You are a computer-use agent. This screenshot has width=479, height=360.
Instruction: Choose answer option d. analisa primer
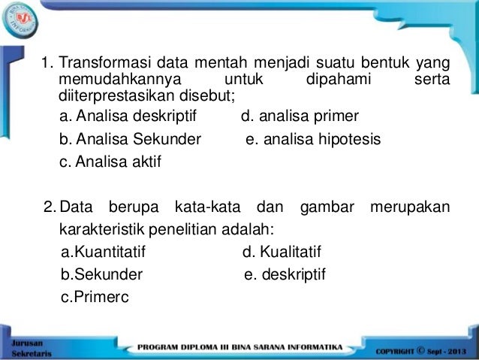click(x=300, y=116)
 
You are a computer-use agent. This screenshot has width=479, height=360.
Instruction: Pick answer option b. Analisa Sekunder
click(x=130, y=139)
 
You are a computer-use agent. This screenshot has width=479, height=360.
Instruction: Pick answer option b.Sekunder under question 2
click(x=101, y=275)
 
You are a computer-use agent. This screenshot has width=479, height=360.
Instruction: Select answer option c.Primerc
click(x=95, y=298)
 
